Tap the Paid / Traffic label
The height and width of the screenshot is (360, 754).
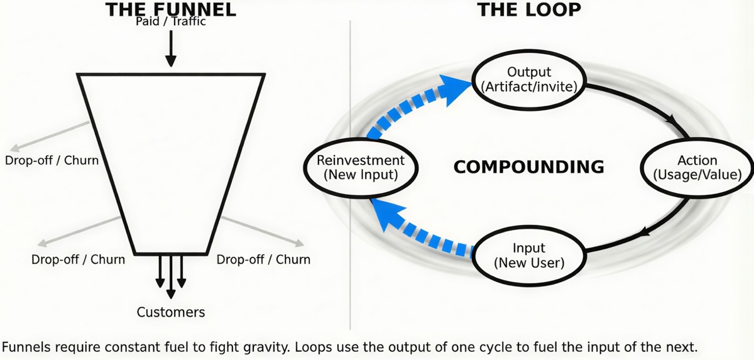(x=171, y=22)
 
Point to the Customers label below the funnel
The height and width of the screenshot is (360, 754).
(x=171, y=312)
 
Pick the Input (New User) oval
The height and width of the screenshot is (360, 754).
(x=529, y=255)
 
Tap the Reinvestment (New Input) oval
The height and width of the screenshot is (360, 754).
(x=361, y=167)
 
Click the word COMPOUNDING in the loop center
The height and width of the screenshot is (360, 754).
(x=528, y=167)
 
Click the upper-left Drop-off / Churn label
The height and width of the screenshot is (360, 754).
(x=52, y=160)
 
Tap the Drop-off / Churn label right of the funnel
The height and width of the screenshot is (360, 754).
(x=263, y=259)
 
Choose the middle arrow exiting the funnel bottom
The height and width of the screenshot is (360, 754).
(x=171, y=276)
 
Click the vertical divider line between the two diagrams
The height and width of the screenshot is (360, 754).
(x=350, y=188)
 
